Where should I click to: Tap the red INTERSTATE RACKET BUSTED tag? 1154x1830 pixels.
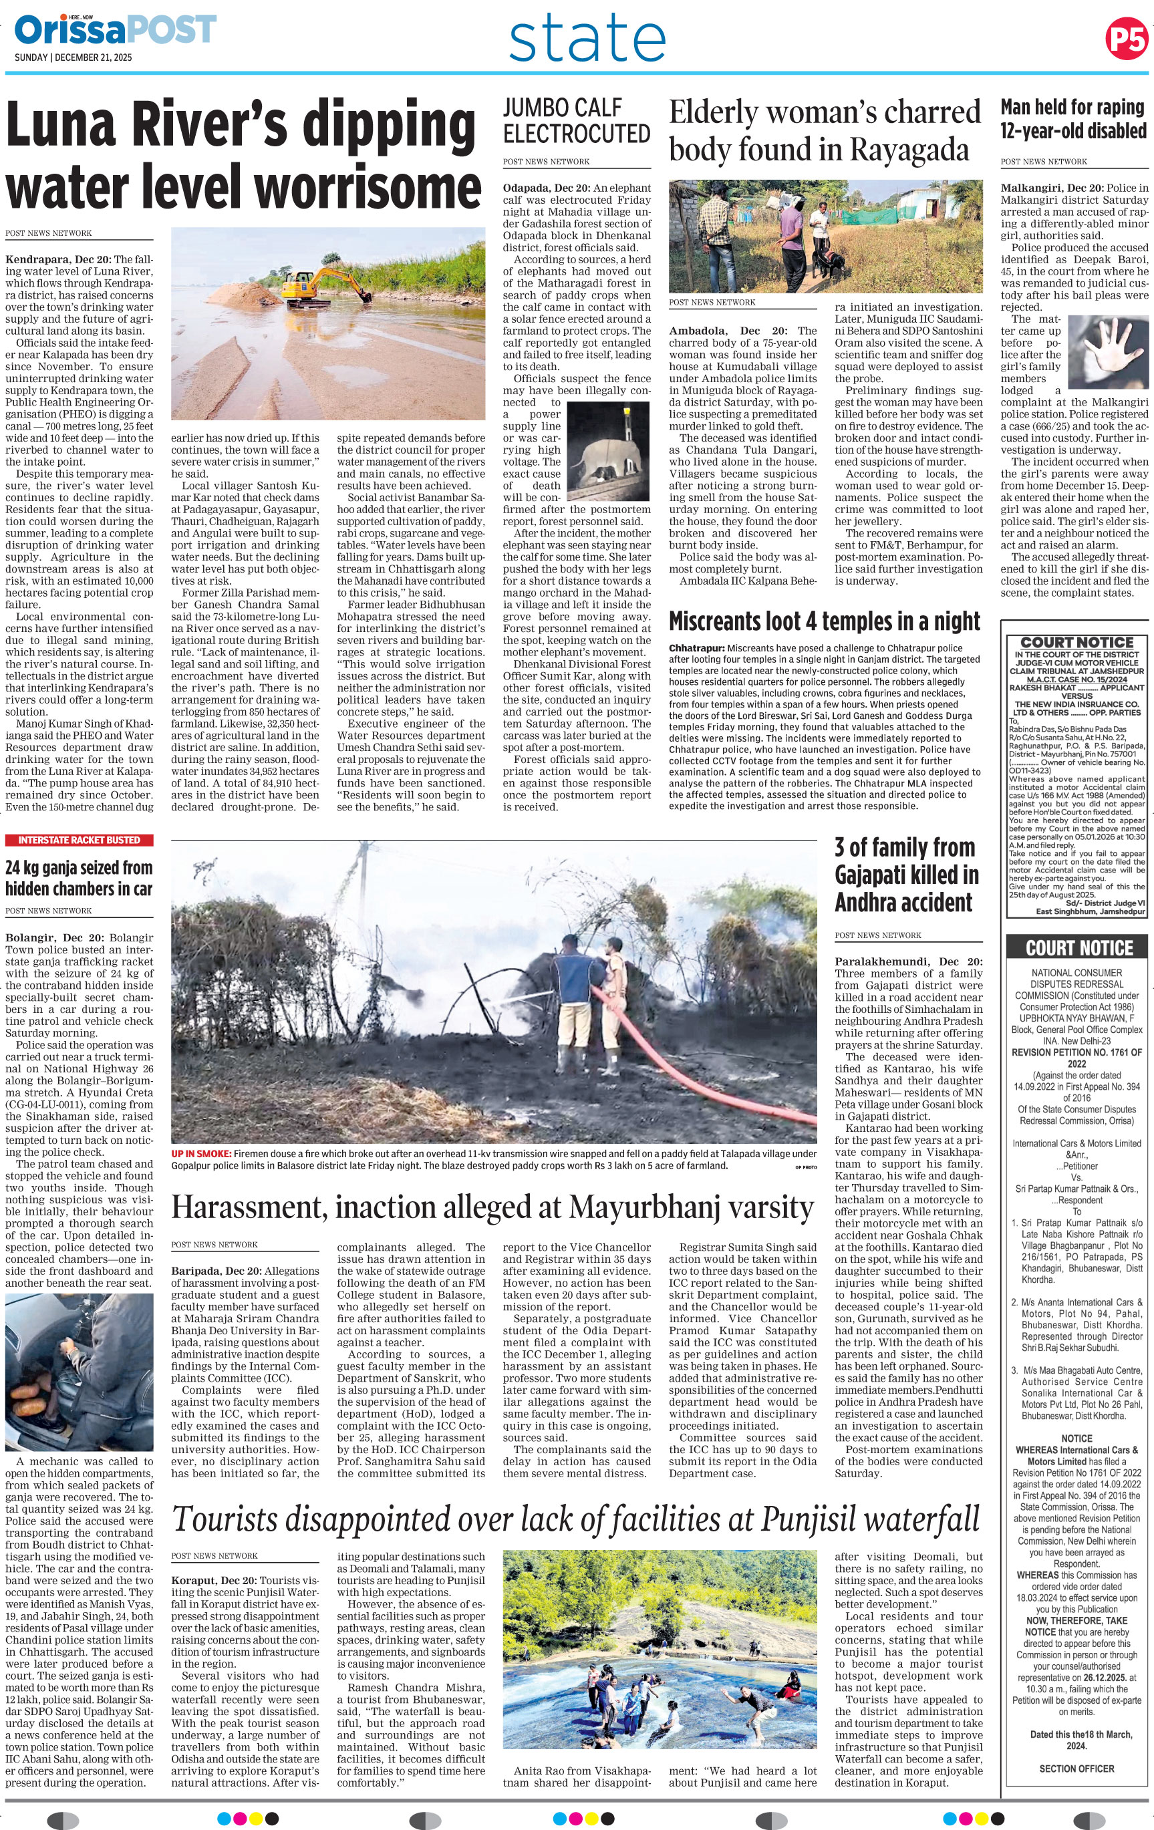click(79, 840)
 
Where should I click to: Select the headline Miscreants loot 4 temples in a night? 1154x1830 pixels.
click(824, 621)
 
